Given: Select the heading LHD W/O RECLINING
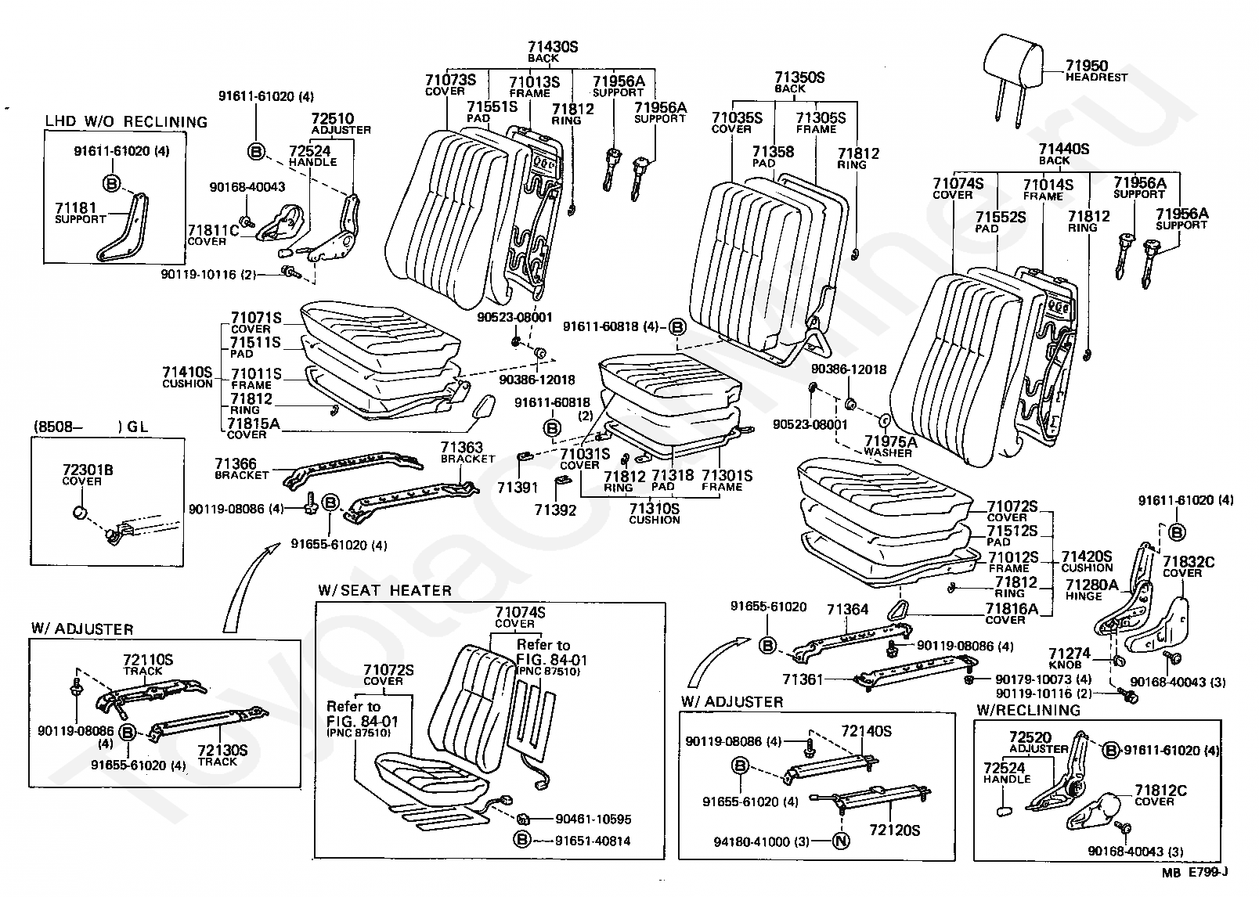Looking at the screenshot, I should coord(126,122).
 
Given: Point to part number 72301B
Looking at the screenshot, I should coord(88,470).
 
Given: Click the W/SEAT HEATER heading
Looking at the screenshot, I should coord(384,590).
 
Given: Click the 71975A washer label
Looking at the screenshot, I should coord(890,441).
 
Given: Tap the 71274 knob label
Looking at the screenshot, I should coord(1069,653).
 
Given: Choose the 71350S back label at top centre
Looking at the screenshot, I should coord(799,78).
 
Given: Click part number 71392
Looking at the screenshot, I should coord(555,510).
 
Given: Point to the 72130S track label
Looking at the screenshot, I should coord(222,750).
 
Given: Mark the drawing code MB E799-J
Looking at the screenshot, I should coord(1194,872).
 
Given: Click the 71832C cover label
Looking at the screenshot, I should coord(1188,562).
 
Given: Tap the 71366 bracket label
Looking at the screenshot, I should coord(236,465).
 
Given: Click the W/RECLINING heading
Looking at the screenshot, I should coord(1028,710).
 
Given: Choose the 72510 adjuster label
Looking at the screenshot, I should coord(333,119).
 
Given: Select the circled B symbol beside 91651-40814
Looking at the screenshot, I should coord(522,841).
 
